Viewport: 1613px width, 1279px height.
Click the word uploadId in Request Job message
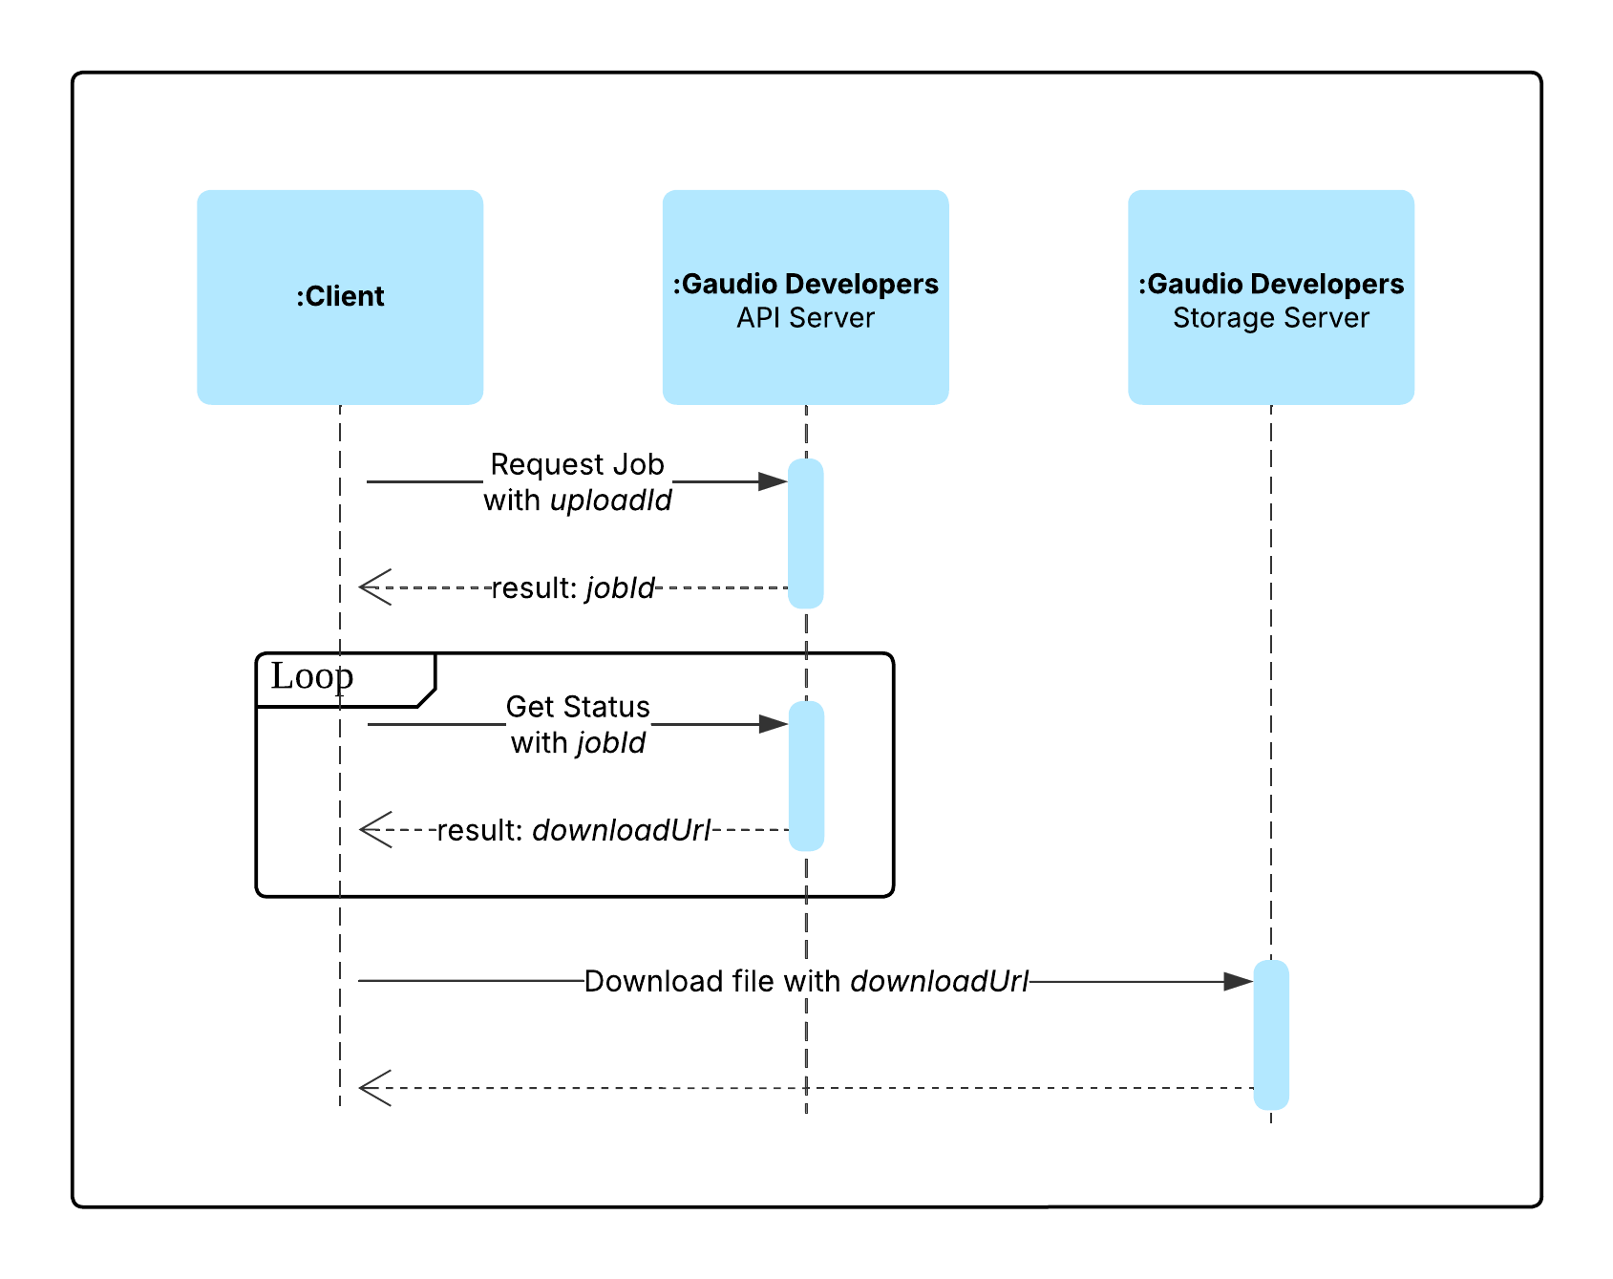coord(611,501)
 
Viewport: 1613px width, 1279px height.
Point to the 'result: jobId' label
coord(573,588)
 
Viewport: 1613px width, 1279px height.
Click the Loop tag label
coord(312,676)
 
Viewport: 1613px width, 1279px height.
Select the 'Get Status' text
coord(578,707)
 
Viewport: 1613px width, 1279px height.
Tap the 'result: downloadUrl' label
coord(574,831)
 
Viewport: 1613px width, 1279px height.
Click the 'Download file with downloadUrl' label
coord(806,982)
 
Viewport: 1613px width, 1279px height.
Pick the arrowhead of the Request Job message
coord(773,481)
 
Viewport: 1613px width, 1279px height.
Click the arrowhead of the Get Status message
coord(773,724)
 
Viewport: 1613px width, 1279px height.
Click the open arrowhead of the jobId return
coord(374,587)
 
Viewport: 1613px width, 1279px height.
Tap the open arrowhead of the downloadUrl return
coord(374,830)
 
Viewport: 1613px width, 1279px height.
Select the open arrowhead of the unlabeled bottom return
coord(374,1088)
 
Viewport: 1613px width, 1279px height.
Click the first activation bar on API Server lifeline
coord(805,533)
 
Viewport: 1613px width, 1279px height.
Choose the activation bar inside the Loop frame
coord(806,776)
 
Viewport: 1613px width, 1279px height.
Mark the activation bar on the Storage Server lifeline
coord(1271,1034)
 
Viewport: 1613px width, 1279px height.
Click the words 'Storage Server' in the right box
coord(1270,318)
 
